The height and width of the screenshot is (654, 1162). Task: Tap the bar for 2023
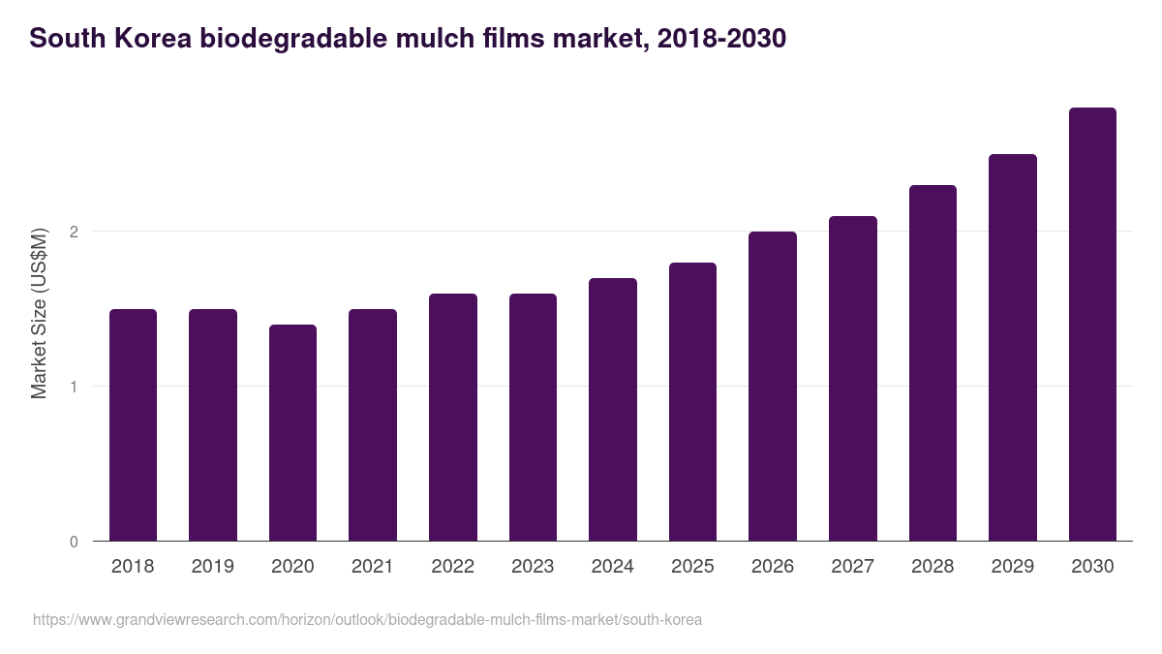pyautogui.click(x=533, y=417)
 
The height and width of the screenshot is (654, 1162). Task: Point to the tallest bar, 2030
pyautogui.click(x=1092, y=324)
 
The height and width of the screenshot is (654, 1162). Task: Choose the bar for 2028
pyautogui.click(x=933, y=362)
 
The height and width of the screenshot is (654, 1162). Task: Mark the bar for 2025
pyautogui.click(x=692, y=401)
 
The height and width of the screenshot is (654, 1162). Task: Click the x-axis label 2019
pyautogui.click(x=212, y=567)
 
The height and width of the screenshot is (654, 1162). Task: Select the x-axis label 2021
pyautogui.click(x=372, y=567)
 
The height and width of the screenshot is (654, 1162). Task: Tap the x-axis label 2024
pyautogui.click(x=612, y=567)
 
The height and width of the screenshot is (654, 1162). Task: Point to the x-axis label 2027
pyautogui.click(x=852, y=567)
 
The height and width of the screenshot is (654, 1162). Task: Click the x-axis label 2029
pyautogui.click(x=1012, y=567)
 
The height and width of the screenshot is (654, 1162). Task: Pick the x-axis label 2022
pyautogui.click(x=452, y=567)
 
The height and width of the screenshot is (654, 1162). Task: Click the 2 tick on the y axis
pyautogui.click(x=74, y=232)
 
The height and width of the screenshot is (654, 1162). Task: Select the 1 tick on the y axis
pyautogui.click(x=74, y=387)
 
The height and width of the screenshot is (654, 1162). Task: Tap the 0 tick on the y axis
pyautogui.click(x=74, y=542)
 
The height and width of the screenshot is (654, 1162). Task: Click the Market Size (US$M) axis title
pyautogui.click(x=39, y=313)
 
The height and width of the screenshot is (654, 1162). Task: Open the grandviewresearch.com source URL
pyautogui.click(x=367, y=619)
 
